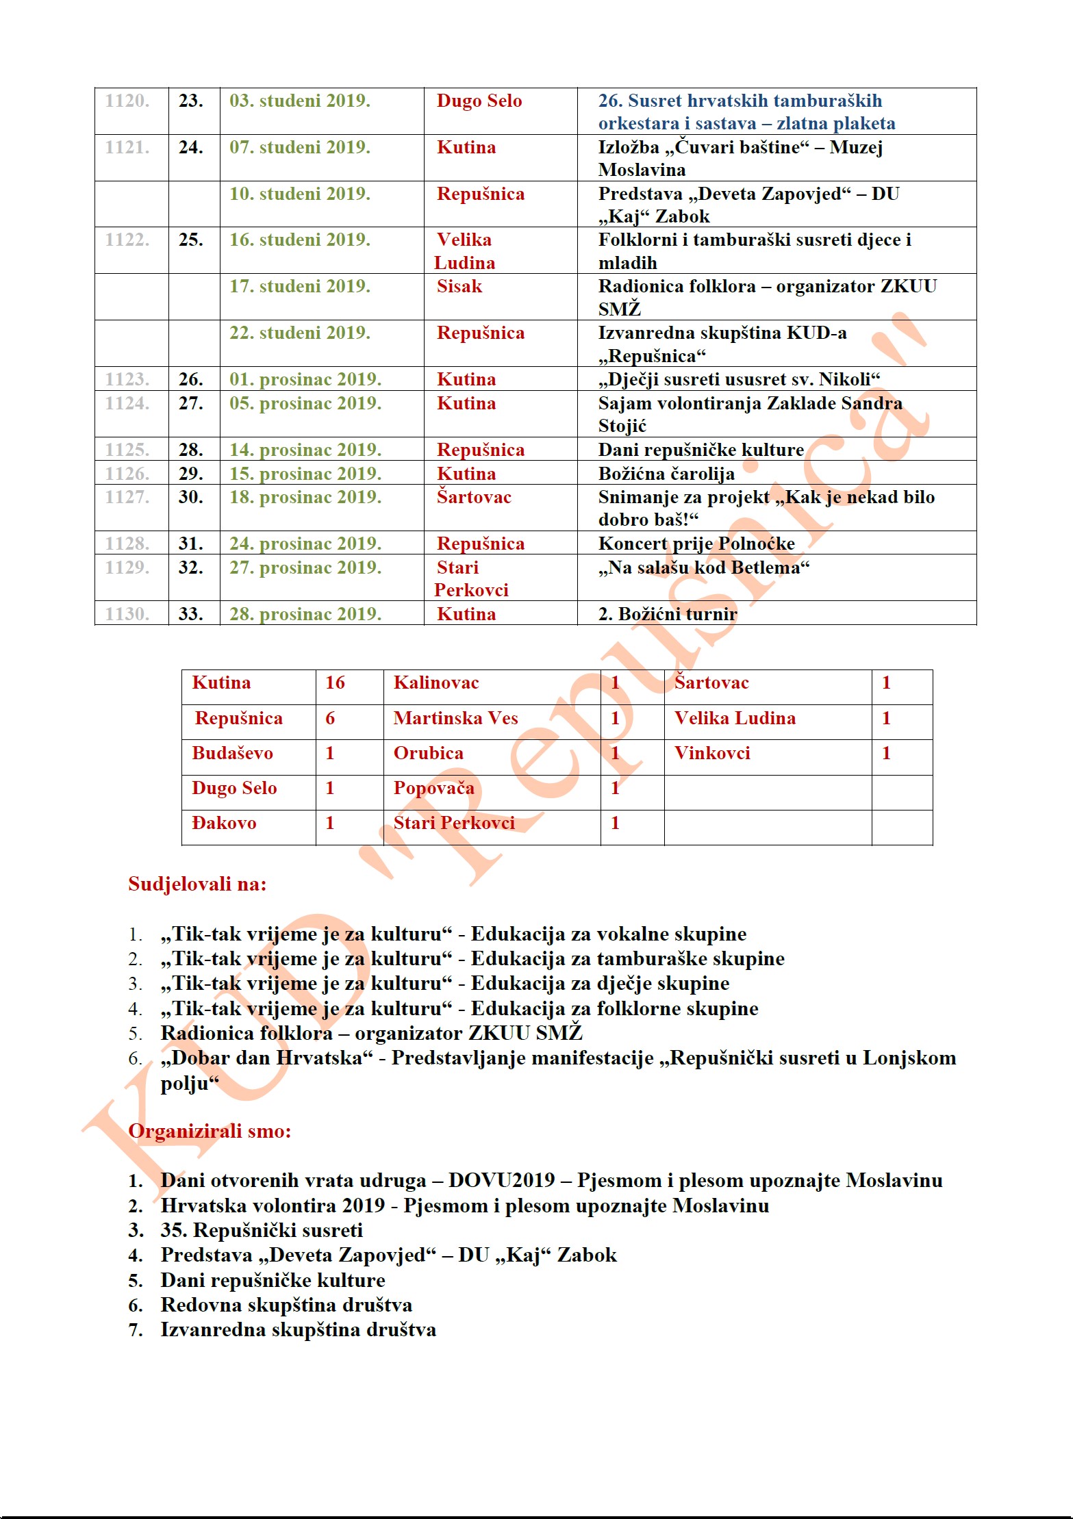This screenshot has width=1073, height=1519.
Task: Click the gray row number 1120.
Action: coord(127,101)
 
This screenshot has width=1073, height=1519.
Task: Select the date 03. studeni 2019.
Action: coord(299,101)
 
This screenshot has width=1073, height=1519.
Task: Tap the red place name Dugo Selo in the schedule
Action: coord(479,101)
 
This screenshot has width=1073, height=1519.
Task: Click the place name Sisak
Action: coord(459,286)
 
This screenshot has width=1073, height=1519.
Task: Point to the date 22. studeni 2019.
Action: coord(299,333)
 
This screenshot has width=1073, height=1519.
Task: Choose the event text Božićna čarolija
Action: coord(666,474)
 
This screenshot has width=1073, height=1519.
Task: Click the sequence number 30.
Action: coord(190,497)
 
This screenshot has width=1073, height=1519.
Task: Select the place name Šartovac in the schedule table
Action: coord(474,497)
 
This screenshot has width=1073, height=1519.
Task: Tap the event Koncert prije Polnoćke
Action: coord(696,544)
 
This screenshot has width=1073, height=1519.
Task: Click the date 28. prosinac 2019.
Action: coord(305,614)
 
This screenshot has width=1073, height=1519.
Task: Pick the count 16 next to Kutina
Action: coord(335,682)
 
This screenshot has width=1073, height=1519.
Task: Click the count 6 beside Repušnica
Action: coord(330,718)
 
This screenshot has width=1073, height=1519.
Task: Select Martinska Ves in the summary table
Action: coord(455,718)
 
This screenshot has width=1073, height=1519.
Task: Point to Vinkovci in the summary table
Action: coord(711,753)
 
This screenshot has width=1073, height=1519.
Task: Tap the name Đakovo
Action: coord(224,823)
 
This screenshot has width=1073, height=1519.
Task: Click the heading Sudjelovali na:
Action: coord(197,884)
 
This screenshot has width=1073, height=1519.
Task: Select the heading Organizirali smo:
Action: coord(210,1131)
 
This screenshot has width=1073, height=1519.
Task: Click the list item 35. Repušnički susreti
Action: coord(262,1230)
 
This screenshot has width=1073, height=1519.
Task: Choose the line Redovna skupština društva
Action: coord(286,1305)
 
